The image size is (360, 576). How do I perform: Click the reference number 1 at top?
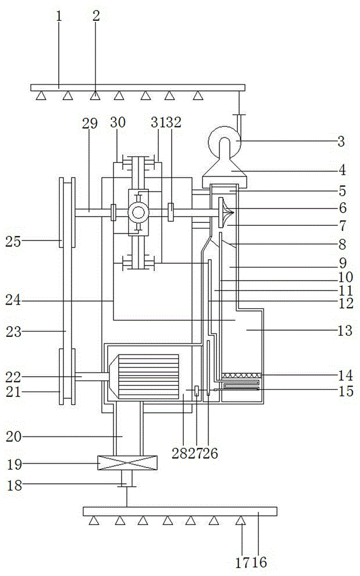click(59, 17)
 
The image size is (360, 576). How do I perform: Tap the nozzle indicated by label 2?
click(95, 96)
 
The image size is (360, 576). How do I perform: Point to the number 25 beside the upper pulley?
click(13, 242)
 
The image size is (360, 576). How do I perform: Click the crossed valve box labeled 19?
click(127, 463)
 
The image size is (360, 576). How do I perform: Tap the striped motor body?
click(148, 377)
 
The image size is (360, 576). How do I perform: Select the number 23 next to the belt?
click(14, 332)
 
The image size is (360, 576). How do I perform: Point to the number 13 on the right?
click(344, 331)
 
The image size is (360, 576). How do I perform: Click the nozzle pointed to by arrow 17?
click(241, 521)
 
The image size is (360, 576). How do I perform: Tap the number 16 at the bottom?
click(259, 562)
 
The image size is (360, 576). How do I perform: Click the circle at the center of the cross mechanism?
click(138, 213)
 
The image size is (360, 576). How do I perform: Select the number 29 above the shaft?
click(90, 123)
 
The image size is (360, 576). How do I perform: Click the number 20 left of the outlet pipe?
click(14, 437)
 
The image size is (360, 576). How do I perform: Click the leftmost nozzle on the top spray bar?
click(41, 96)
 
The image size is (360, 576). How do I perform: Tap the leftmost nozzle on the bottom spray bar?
click(94, 521)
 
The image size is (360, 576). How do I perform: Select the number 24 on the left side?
click(13, 301)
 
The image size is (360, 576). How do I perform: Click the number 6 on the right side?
click(343, 208)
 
